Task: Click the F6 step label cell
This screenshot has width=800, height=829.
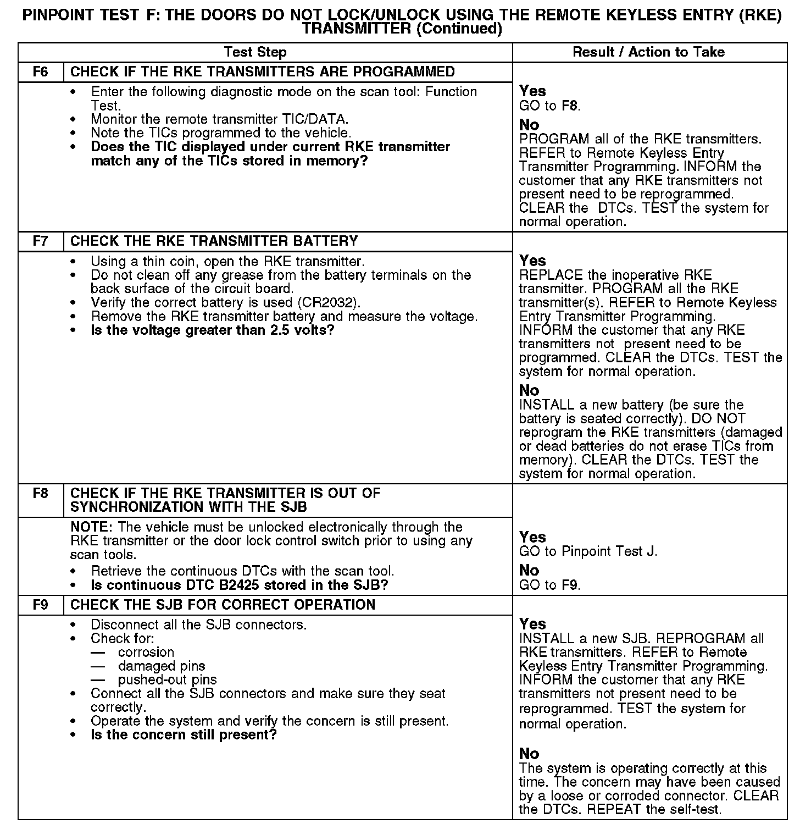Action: (41, 72)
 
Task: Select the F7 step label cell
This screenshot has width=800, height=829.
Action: (41, 241)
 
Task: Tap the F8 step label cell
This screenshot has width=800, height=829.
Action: (41, 493)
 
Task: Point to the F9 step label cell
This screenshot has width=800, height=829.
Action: (41, 605)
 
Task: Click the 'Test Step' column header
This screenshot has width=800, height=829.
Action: (255, 52)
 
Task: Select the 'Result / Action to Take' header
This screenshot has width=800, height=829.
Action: (648, 52)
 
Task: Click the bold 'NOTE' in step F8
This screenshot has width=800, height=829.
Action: (91, 527)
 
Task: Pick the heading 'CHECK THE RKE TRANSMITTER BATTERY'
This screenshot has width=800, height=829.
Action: (214, 241)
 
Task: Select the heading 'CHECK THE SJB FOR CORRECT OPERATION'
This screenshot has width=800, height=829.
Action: (223, 605)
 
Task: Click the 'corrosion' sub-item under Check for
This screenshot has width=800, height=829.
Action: (146, 653)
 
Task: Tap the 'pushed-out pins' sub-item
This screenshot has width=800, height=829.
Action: (167, 680)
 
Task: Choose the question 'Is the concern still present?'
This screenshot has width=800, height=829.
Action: (184, 735)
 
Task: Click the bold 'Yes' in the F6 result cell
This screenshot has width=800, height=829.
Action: (532, 91)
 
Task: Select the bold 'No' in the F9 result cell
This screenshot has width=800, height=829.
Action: (529, 754)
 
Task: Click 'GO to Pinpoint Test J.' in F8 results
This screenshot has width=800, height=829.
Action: (588, 551)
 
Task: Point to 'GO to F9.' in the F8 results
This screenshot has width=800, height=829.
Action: (549, 585)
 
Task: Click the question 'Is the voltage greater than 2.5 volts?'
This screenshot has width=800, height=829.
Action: (213, 330)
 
